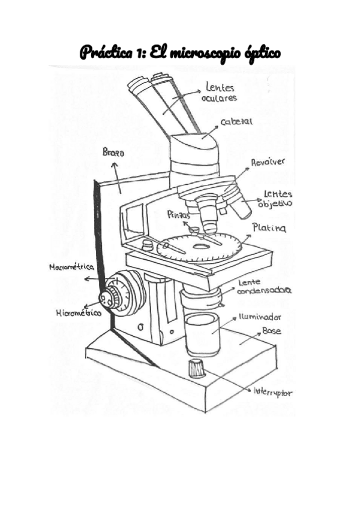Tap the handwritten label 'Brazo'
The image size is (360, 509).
(113, 154)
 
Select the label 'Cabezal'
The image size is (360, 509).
(236, 122)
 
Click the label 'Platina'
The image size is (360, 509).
(269, 228)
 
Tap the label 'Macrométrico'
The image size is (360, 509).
(73, 268)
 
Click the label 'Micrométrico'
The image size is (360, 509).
(77, 312)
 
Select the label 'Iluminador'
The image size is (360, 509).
(260, 316)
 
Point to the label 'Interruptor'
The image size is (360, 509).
(272, 393)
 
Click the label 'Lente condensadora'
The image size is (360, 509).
(264, 286)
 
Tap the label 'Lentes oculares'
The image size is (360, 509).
(222, 92)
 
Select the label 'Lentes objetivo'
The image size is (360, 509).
(276, 199)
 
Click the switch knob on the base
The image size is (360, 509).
(196, 368)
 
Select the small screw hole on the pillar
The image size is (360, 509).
(139, 328)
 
